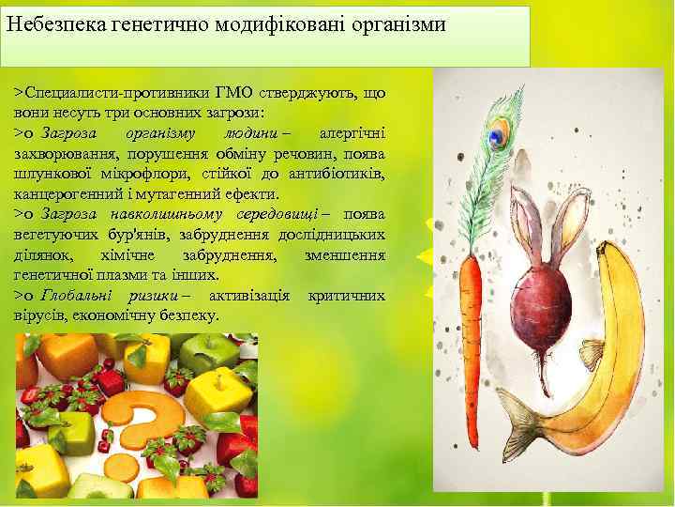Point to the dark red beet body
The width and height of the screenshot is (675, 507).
[545, 325]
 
